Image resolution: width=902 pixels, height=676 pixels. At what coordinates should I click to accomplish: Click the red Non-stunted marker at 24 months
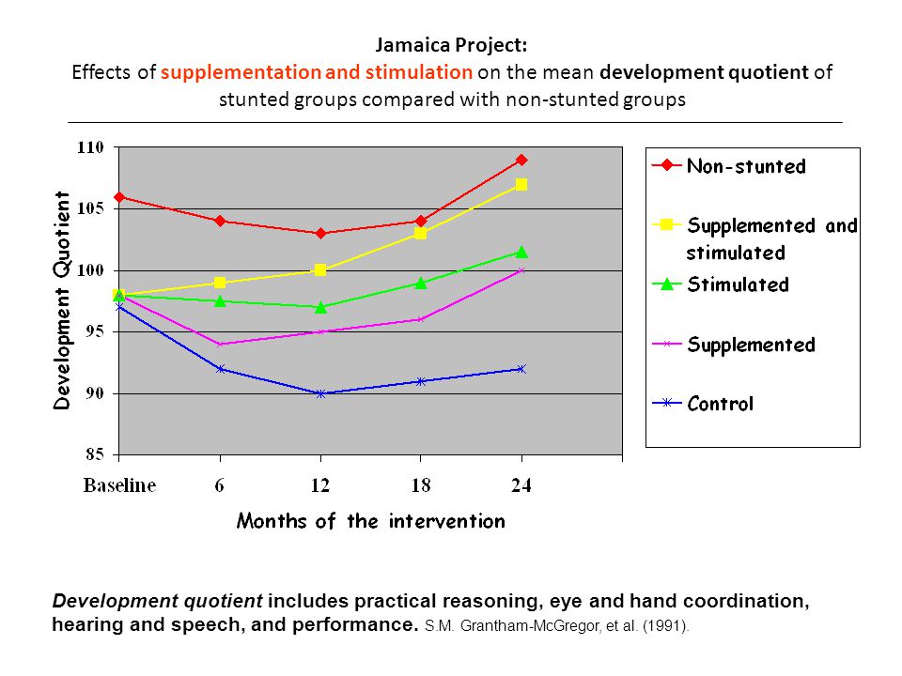pos(521,160)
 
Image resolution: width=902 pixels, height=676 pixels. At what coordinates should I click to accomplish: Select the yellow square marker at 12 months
pos(320,270)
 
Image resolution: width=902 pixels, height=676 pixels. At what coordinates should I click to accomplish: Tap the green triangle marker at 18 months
pos(421,283)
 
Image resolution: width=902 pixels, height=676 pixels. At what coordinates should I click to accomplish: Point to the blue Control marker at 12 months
pos(321,393)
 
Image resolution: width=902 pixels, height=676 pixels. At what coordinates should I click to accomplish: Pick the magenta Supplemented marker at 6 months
pos(220,345)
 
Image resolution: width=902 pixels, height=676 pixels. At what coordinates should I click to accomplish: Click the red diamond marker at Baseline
pos(119,197)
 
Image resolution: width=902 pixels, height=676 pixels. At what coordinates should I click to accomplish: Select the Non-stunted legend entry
pos(729,166)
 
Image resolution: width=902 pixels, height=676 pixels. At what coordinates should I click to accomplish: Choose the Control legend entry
pos(703,404)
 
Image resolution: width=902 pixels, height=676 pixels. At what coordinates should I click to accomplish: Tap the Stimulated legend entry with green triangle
pos(721,284)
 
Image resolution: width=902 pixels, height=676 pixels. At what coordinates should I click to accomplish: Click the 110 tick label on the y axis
pos(91,147)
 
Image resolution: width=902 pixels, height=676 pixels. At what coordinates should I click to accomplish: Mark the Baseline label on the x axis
pos(119,485)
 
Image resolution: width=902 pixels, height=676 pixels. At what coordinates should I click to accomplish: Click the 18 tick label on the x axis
pos(421,485)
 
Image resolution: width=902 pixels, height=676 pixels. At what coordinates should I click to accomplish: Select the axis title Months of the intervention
pos(371,521)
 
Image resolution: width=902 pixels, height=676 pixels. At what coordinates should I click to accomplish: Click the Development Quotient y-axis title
pos(62,300)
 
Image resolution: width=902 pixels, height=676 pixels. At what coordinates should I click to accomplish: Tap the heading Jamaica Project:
pos(451,45)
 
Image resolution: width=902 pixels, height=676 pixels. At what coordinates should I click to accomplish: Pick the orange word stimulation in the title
pos(419,72)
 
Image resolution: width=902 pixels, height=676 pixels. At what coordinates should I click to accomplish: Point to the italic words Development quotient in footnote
pos(158,601)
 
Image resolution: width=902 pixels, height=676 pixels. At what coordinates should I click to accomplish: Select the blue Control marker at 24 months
pos(521,369)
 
